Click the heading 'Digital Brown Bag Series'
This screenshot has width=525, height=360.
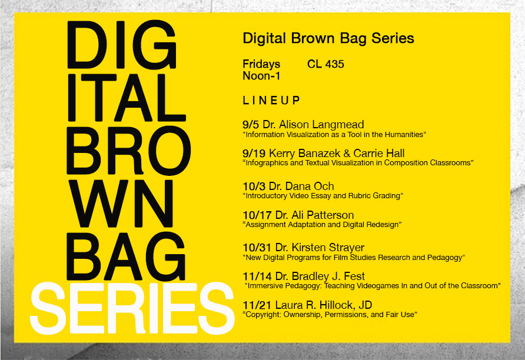pos(328,38)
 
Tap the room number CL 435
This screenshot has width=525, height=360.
pos(325,64)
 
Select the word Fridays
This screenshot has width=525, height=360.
pos(261,64)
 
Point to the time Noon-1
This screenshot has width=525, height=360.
pos(261,76)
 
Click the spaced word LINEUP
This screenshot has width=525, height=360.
pos(271,101)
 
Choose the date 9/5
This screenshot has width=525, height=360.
pos(251,125)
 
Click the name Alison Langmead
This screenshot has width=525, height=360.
pos(321,125)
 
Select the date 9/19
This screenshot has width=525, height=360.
pos(254,154)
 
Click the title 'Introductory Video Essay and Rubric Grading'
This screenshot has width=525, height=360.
pos(323,196)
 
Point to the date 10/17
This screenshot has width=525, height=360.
pos(257,215)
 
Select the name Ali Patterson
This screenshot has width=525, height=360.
pos(323,215)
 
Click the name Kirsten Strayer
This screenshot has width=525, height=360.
pos(328,248)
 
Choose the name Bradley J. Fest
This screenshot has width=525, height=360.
pos(328,276)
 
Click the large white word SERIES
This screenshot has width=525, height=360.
pos(132,308)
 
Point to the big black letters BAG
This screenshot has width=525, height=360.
pos(126,256)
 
